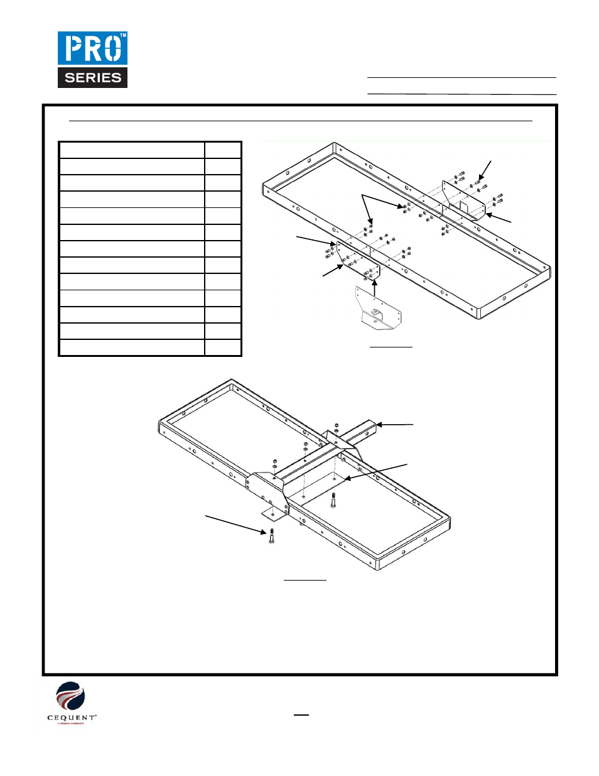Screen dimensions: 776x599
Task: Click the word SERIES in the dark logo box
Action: tap(93, 78)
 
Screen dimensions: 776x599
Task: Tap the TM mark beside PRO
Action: tap(123, 36)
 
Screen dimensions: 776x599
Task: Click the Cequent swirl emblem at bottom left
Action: tap(70, 696)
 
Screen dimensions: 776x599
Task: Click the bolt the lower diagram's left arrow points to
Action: tap(271, 536)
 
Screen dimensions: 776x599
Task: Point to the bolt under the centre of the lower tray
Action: tap(333, 500)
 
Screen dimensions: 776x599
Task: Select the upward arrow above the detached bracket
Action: tap(375, 288)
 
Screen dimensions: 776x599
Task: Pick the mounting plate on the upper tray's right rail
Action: tap(463, 200)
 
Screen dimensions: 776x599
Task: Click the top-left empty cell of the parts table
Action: tap(132, 150)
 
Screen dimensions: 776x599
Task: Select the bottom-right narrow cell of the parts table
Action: tap(223, 348)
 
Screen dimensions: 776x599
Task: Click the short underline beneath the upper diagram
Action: tap(391, 346)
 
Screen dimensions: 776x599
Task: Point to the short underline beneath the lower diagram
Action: tap(305, 579)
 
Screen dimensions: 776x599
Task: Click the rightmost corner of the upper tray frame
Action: tap(550, 270)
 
